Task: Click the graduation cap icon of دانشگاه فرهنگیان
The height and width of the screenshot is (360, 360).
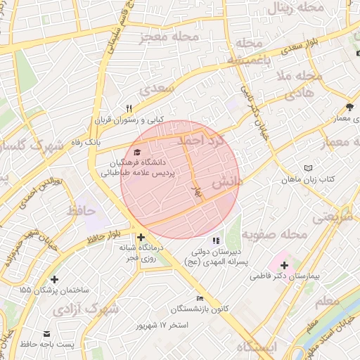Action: tap(136, 151)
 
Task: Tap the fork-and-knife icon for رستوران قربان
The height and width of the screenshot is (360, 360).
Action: tap(129, 108)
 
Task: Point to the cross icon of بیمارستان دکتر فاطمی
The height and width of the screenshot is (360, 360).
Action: tap(284, 265)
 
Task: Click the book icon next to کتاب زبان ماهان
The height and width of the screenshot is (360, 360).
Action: tap(308, 168)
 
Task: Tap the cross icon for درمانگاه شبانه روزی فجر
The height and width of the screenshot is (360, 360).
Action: tap(141, 237)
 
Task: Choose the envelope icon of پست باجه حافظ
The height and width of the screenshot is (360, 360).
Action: tap(46, 333)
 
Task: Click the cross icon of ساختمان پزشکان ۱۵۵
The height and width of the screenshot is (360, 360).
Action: tap(54, 279)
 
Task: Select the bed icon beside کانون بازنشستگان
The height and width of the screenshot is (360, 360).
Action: tap(200, 298)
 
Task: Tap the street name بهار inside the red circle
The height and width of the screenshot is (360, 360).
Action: tap(198, 190)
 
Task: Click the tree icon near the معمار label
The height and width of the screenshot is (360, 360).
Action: tap(350, 107)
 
